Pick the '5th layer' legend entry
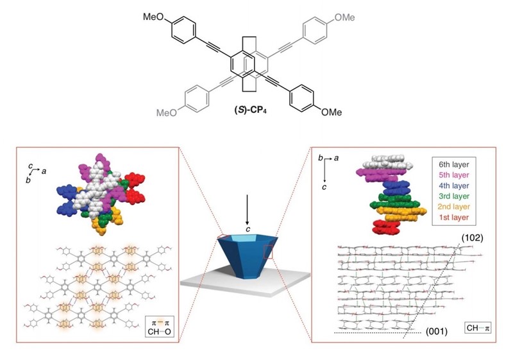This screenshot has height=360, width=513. tap(452, 175)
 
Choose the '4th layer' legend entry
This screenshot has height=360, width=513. tap(452, 185)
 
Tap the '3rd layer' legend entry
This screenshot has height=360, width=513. tap(452, 196)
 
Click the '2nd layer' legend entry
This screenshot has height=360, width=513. tap(452, 207)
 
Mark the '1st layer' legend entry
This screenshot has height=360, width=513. tap(452, 218)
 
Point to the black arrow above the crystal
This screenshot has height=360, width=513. tap(246, 205)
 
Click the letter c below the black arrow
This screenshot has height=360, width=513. tap(247, 229)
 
